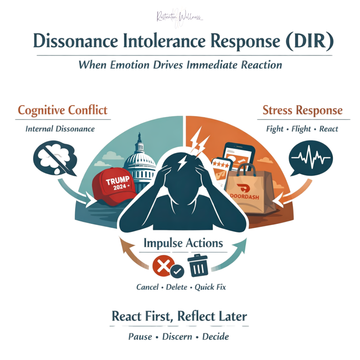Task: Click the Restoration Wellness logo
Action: click(180, 17)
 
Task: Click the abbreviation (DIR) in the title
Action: click(310, 41)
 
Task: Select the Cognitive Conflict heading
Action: click(63, 110)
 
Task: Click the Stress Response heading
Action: click(303, 110)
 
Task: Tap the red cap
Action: click(114, 186)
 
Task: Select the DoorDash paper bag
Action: click(250, 190)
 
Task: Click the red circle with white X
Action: click(163, 265)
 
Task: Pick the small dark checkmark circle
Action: click(177, 272)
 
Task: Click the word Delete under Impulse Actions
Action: click(177, 287)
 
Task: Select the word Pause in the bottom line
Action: click(140, 337)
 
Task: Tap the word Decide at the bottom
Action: click(215, 337)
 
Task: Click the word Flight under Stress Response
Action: click(301, 129)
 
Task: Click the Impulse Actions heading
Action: click(183, 243)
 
